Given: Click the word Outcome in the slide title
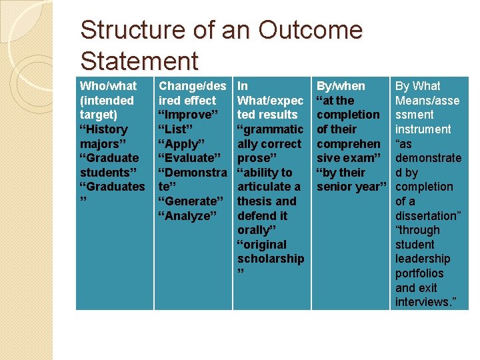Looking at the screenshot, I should [311, 31].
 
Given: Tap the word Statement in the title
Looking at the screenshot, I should [139, 61].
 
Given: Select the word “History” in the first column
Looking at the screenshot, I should [103, 129].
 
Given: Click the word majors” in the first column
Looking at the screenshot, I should [101, 144].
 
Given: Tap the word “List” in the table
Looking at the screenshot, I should [179, 129].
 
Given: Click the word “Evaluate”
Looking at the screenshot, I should [189, 158].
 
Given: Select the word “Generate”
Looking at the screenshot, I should [191, 201].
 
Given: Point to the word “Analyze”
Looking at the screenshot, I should [187, 216].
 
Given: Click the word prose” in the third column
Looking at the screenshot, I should [257, 158].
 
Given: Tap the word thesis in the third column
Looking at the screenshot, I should [253, 201].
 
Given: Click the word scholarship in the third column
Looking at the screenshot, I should [270, 259].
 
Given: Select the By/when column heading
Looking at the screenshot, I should [341, 86].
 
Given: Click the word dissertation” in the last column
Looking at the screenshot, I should [427, 216].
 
